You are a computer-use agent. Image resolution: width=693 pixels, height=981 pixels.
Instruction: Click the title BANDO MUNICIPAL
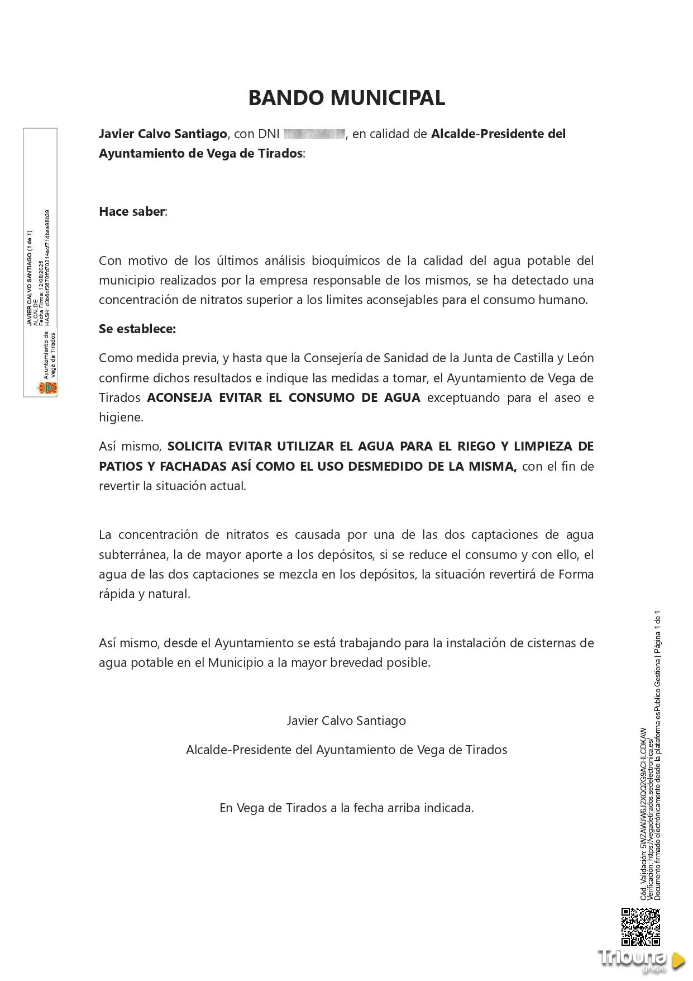[346, 98]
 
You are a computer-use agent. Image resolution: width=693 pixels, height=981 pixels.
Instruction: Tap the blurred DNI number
[314, 134]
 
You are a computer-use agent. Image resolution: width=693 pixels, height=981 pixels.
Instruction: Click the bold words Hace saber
[132, 211]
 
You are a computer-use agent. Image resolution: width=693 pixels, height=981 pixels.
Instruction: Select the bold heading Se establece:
[137, 329]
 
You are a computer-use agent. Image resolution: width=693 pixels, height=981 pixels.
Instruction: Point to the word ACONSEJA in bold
[179, 397]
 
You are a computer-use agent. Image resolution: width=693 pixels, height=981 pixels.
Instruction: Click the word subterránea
[133, 555]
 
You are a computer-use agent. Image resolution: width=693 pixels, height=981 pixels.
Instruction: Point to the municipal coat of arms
[47, 387]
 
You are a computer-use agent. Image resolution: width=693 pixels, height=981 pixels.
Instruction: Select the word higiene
[120, 417]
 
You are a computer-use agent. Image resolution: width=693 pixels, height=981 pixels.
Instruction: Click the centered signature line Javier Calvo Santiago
[346, 721]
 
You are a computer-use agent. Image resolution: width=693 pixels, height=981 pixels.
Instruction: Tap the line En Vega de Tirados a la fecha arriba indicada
[346, 808]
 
